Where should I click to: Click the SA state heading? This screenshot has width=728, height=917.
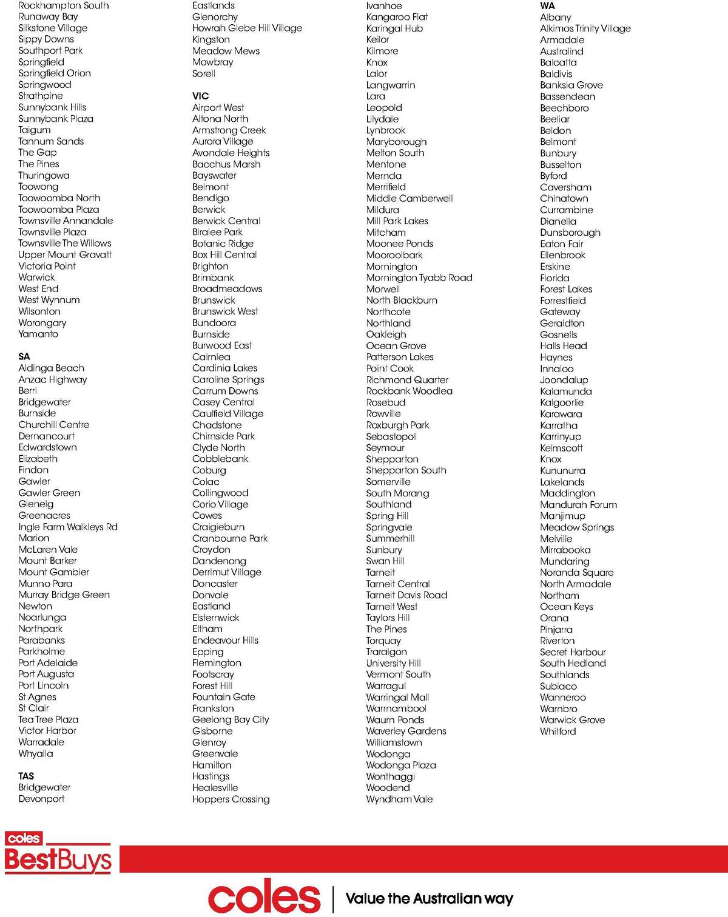pos(24,356)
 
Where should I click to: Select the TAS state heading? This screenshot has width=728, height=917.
pos(26,776)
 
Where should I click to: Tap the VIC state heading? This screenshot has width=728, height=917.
pos(200,96)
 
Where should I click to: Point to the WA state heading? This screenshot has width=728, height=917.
pos(547,5)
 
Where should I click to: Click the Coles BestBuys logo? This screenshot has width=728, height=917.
pos(58,853)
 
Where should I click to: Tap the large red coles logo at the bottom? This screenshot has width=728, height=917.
pos(264,898)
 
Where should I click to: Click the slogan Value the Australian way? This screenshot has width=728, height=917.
pos(429,898)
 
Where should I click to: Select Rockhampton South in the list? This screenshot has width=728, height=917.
pos(64,5)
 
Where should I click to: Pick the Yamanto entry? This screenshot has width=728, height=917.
pos(38,334)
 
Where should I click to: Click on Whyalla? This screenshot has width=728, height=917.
pos(36,753)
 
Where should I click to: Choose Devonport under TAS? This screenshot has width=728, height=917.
pos(41,799)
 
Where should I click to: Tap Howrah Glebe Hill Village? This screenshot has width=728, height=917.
pos(247,28)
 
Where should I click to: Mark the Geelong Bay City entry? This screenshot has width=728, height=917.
pos(231,719)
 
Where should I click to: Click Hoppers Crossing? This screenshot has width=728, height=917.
pos(231,799)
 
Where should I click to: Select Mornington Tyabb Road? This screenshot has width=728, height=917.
pos(419,278)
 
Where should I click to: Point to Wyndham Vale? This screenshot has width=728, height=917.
pos(399,799)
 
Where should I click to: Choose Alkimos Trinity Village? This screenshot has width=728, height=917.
pos(585,28)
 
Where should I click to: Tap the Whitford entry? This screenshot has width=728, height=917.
pos(558,731)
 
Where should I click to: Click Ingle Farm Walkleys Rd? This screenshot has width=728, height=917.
pos(68,527)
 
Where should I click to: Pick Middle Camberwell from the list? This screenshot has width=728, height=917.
pos(409,198)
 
